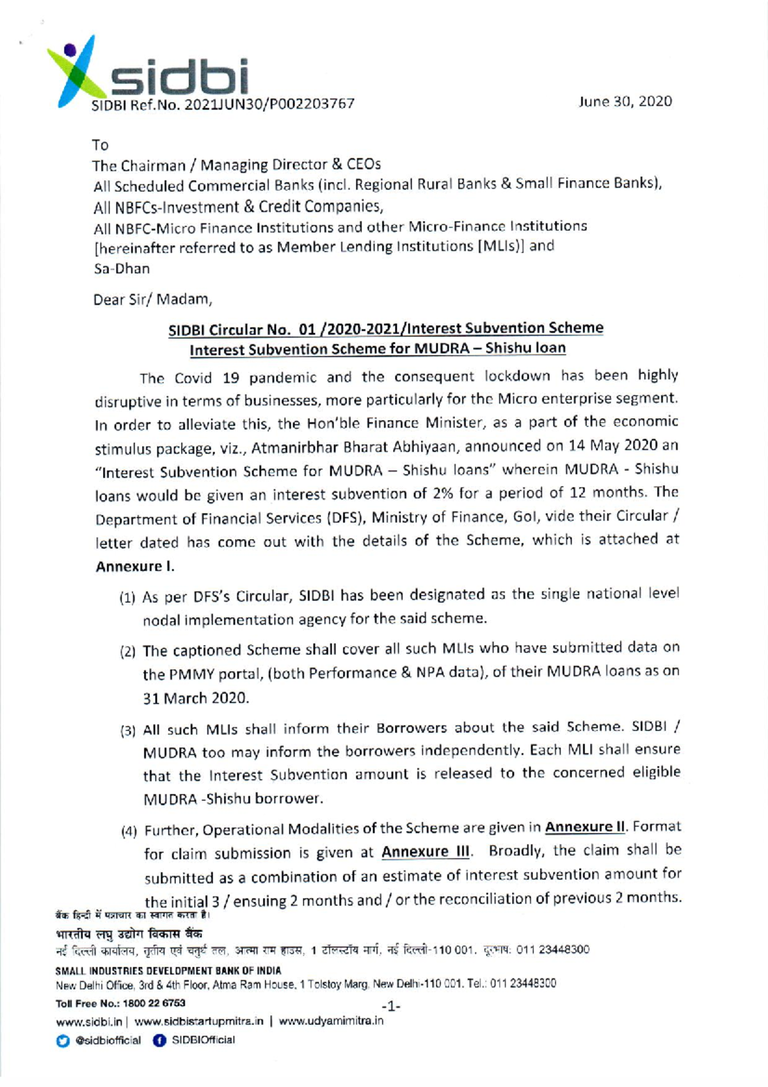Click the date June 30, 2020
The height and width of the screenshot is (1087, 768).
(x=625, y=101)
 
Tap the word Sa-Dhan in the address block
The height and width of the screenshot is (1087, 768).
(x=122, y=269)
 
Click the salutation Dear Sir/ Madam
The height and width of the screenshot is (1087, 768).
(x=152, y=300)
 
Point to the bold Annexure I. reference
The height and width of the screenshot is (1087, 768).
(x=135, y=567)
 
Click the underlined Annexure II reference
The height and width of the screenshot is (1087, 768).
(x=585, y=827)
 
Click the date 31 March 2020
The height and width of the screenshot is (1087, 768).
(x=195, y=698)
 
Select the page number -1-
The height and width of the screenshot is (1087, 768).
(x=390, y=1006)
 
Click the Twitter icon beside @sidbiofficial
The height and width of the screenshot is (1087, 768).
(x=63, y=1041)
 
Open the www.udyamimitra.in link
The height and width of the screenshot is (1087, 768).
(x=331, y=1021)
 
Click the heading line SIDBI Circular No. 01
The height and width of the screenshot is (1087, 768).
(x=385, y=329)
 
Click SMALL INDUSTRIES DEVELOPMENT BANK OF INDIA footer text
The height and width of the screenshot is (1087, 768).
(x=168, y=971)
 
